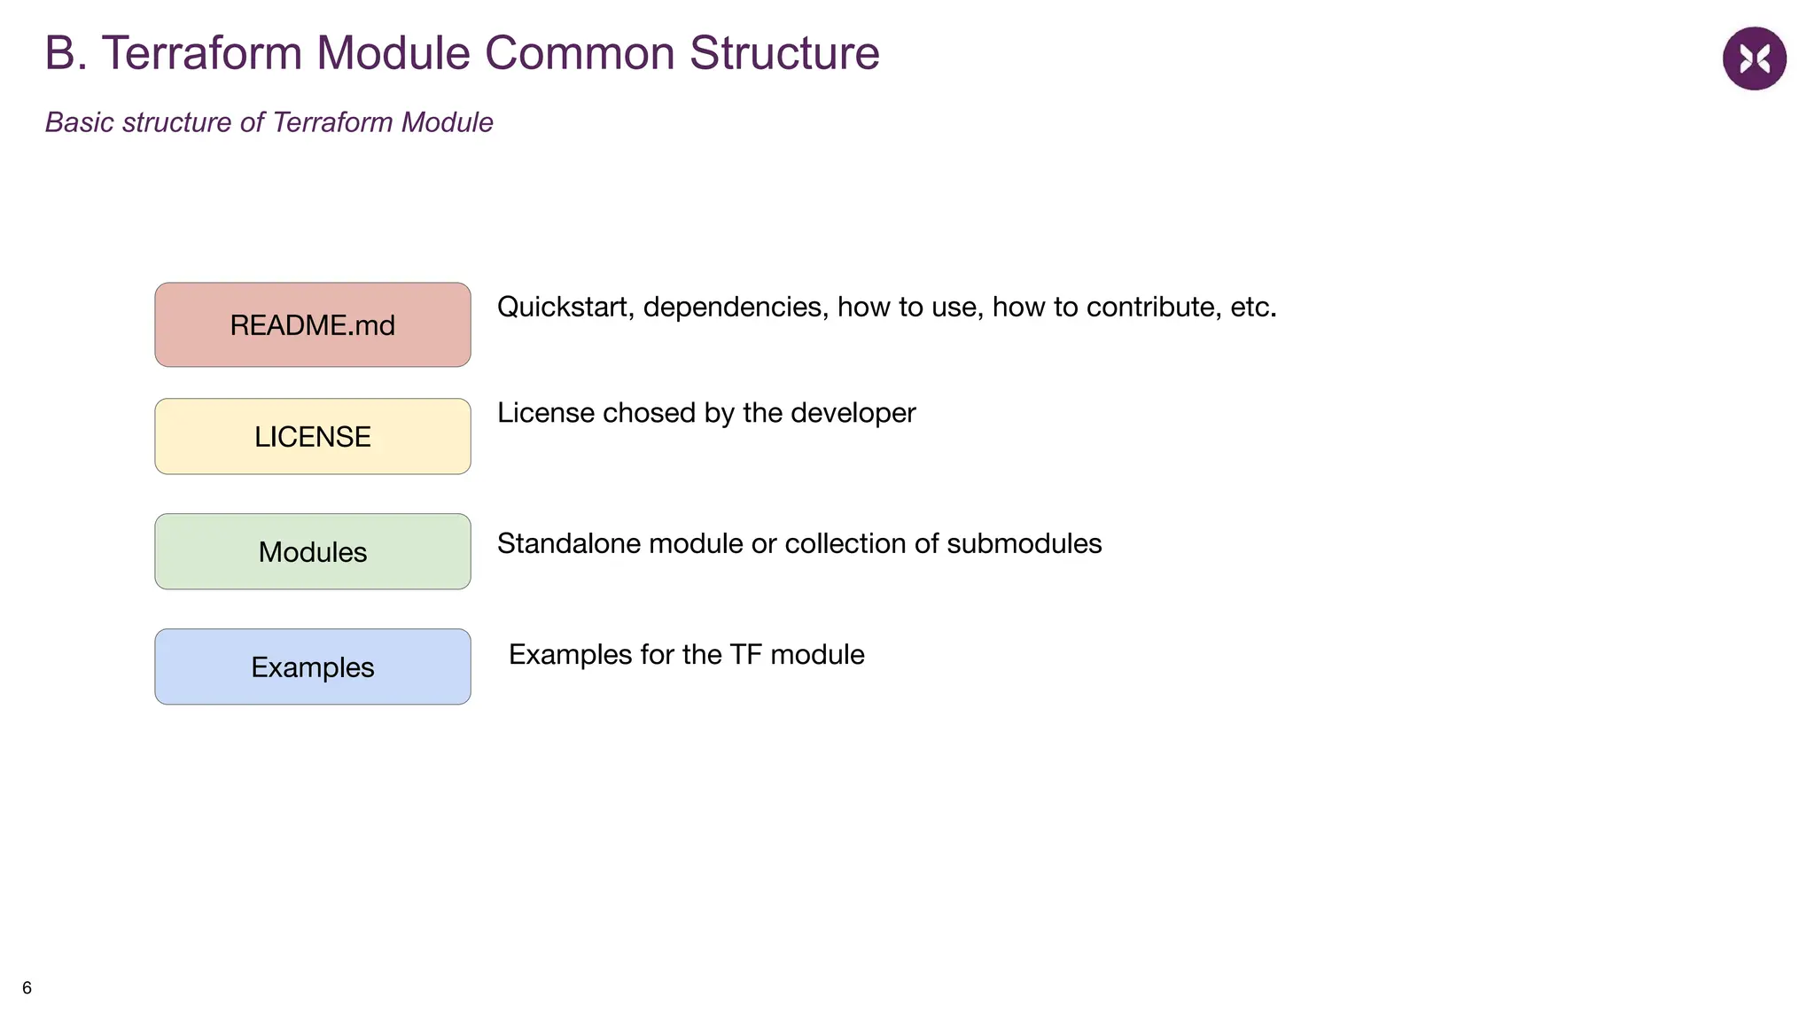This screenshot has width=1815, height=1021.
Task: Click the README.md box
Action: click(x=312, y=325)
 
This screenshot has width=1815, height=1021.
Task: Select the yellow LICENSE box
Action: click(x=312, y=437)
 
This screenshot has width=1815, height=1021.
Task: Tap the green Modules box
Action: click(x=312, y=552)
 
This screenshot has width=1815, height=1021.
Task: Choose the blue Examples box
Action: click(x=312, y=667)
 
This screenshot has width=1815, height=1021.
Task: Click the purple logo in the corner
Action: click(x=1754, y=58)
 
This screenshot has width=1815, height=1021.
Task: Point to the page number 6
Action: click(x=27, y=987)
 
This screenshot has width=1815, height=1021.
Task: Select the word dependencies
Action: click(x=736, y=307)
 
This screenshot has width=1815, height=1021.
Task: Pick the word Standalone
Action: click(x=569, y=543)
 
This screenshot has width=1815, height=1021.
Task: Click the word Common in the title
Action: click(x=580, y=53)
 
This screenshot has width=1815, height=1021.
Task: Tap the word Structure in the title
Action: click(x=784, y=53)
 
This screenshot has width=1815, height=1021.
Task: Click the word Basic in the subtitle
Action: click(x=80, y=122)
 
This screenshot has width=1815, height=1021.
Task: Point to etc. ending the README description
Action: click(x=1253, y=307)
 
